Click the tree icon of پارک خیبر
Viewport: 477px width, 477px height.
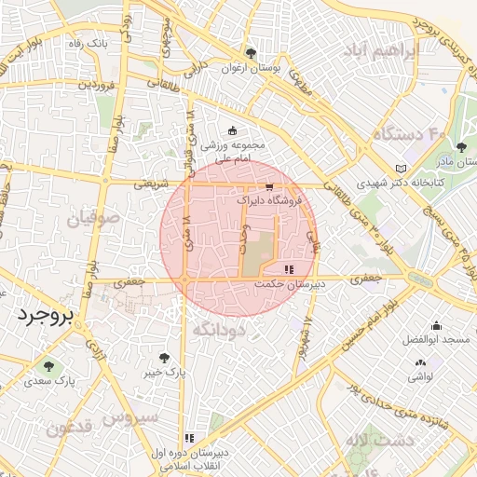tap(165, 358)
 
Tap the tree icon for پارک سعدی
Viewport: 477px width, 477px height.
tap(49, 366)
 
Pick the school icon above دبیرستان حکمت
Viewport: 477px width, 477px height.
tap(287, 269)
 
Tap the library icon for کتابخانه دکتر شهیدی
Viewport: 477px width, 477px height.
tap(402, 167)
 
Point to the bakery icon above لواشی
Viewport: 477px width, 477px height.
tap(420, 362)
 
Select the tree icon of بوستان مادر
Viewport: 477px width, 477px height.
tap(461, 146)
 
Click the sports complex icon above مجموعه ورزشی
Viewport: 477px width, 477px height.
tap(232, 130)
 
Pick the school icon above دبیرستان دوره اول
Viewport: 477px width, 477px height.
tap(190, 437)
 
